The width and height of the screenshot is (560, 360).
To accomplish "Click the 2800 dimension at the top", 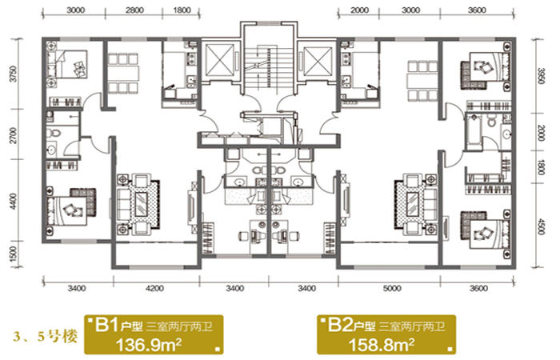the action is (134, 10).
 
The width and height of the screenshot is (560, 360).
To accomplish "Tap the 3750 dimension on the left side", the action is (14, 74).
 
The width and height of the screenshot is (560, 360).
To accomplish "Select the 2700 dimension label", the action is (14, 135).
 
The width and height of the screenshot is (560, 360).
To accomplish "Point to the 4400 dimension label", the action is (14, 201).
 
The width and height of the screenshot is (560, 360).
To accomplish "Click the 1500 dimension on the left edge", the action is (14, 254).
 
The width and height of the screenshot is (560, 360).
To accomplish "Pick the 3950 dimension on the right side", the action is (540, 76).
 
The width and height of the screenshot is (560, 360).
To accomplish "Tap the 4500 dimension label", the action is (540, 226).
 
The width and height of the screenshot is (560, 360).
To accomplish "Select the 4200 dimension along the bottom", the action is (154, 288).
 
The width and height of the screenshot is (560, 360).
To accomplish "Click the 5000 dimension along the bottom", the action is (392, 288).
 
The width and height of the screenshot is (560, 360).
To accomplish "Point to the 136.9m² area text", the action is (149, 345).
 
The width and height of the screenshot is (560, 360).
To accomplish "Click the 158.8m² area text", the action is (381, 345).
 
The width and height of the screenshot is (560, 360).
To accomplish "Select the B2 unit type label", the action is (340, 326).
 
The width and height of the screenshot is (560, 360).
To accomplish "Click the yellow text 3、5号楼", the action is (46, 337).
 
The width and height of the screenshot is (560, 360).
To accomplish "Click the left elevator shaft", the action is (220, 60).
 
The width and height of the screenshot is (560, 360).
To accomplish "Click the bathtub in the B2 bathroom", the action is (474, 129).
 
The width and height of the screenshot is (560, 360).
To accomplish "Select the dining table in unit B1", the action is (123, 73).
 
